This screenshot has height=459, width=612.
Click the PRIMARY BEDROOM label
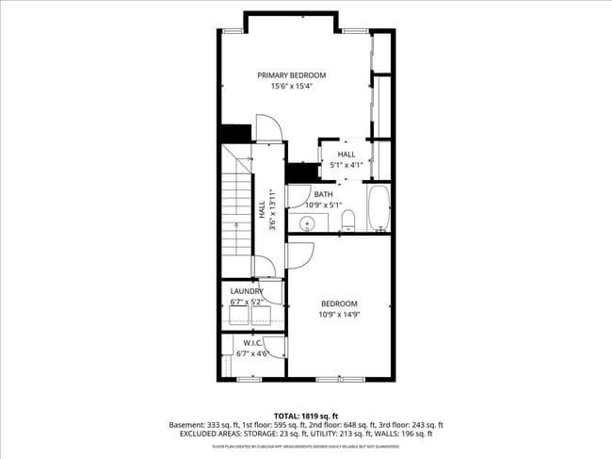click(292, 74)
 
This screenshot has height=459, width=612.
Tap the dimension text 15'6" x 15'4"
click(292, 86)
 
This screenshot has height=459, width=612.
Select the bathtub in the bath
click(378, 208)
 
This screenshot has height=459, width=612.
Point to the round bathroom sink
click(307, 223)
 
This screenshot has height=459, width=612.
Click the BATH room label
click(323, 194)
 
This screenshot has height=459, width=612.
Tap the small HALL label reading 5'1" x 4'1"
click(346, 159)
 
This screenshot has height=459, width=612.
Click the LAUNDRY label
click(247, 291)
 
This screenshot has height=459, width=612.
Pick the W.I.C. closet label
click(252, 342)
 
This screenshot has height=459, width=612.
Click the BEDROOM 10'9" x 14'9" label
click(339, 308)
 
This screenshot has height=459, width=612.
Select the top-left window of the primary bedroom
click(232, 31)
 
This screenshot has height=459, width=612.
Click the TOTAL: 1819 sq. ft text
click(306, 416)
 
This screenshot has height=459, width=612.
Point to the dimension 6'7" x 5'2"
click(247, 303)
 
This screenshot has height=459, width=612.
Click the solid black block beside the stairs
click(234, 133)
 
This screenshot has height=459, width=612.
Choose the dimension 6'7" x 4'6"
click(252, 353)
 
